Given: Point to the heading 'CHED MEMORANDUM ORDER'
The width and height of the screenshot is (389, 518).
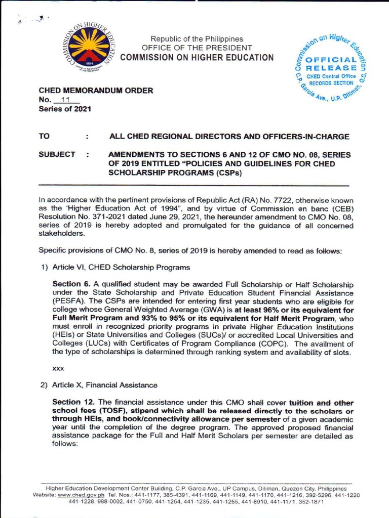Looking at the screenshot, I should click(96, 91).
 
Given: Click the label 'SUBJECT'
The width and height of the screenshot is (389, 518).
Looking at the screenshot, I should click(57, 154).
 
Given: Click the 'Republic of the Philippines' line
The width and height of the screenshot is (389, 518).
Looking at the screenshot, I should click(197, 39).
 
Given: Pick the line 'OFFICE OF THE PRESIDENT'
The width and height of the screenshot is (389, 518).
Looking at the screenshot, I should click(197, 48).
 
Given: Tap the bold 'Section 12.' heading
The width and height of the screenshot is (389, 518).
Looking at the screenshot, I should click(73, 402).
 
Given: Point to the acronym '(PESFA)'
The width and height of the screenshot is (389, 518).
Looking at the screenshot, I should click(67, 303).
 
